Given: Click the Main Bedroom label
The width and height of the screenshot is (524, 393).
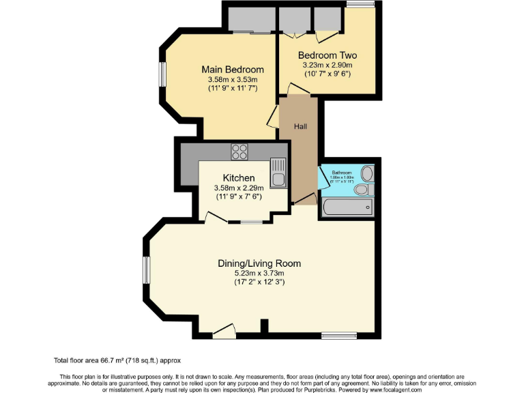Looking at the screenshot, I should (232, 70).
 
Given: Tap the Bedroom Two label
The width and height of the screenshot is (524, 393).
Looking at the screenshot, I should (327, 55).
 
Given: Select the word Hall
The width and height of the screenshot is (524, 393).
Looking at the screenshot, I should (300, 127).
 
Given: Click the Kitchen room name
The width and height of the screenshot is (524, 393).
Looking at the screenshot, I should (234, 178).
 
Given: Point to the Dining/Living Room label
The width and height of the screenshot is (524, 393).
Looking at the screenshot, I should (259, 263).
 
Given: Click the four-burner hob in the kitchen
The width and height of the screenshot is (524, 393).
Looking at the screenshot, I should (239, 151).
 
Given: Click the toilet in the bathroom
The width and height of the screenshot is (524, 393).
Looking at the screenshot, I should (366, 188).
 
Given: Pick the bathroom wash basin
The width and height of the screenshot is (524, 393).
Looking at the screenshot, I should (367, 172).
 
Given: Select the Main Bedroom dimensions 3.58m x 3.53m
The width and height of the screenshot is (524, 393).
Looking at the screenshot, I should (232, 80).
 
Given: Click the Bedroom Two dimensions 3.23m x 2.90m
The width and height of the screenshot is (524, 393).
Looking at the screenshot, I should (327, 66).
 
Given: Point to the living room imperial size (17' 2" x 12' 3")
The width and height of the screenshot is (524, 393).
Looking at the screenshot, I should (259, 282).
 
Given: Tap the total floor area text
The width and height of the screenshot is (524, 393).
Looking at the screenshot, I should (117, 360).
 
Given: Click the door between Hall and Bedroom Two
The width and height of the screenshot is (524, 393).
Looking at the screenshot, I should (291, 87).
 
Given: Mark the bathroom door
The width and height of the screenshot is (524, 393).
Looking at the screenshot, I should (321, 179).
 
